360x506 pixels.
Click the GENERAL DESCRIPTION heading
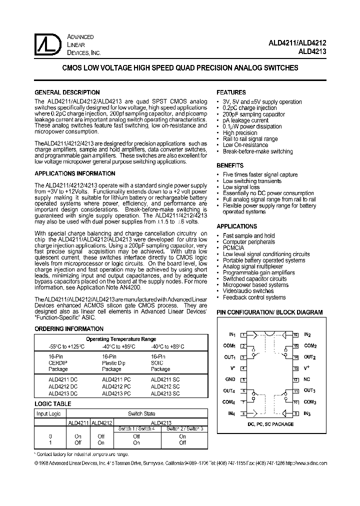[x=66, y=92]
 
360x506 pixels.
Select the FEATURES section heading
[x=230, y=92]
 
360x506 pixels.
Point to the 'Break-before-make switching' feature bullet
[x=257, y=151]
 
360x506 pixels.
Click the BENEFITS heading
[x=230, y=165]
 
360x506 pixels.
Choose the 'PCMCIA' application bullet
[x=234, y=248]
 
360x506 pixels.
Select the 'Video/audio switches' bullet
[x=248, y=291]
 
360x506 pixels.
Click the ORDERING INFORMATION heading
[x=68, y=329]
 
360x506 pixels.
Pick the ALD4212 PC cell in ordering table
[x=116, y=386]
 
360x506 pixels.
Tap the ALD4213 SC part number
[x=165, y=393]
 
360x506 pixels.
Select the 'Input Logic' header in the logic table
[x=48, y=413]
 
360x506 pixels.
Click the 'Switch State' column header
[x=141, y=413]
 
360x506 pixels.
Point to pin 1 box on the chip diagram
[x=243, y=334]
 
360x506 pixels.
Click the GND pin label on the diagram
[x=230, y=379]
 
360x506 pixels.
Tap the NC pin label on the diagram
[x=306, y=379]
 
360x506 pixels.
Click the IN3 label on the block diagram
[x=307, y=413]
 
